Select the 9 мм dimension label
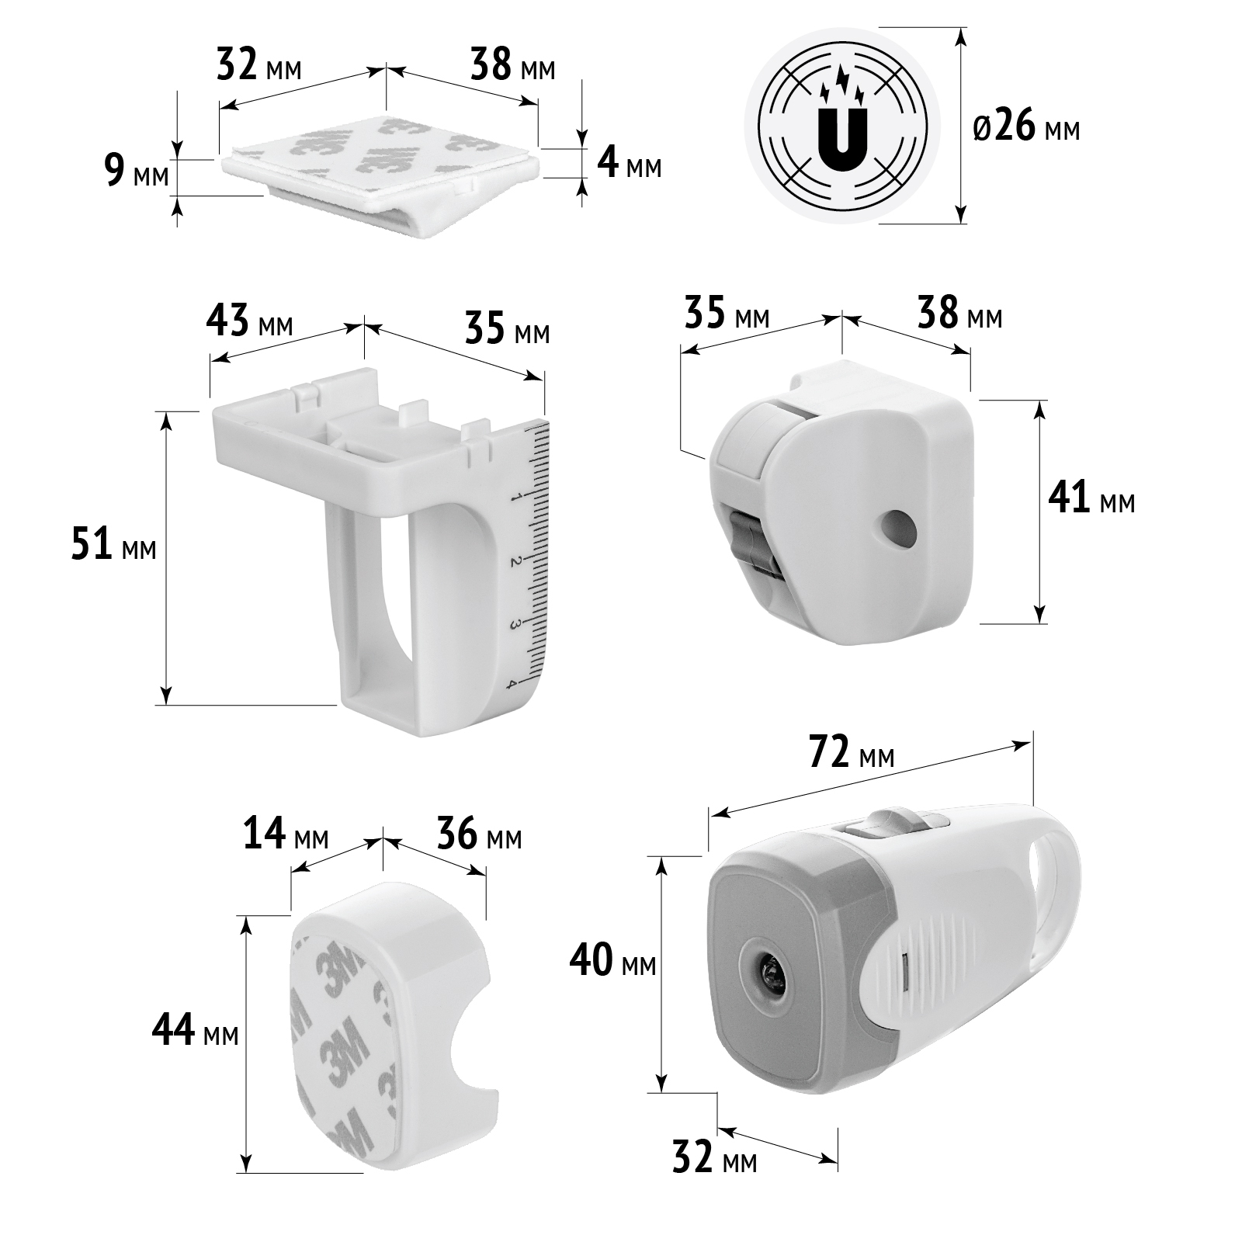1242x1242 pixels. (136, 172)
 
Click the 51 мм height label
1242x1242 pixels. (113, 545)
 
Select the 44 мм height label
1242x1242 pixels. (195, 1032)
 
